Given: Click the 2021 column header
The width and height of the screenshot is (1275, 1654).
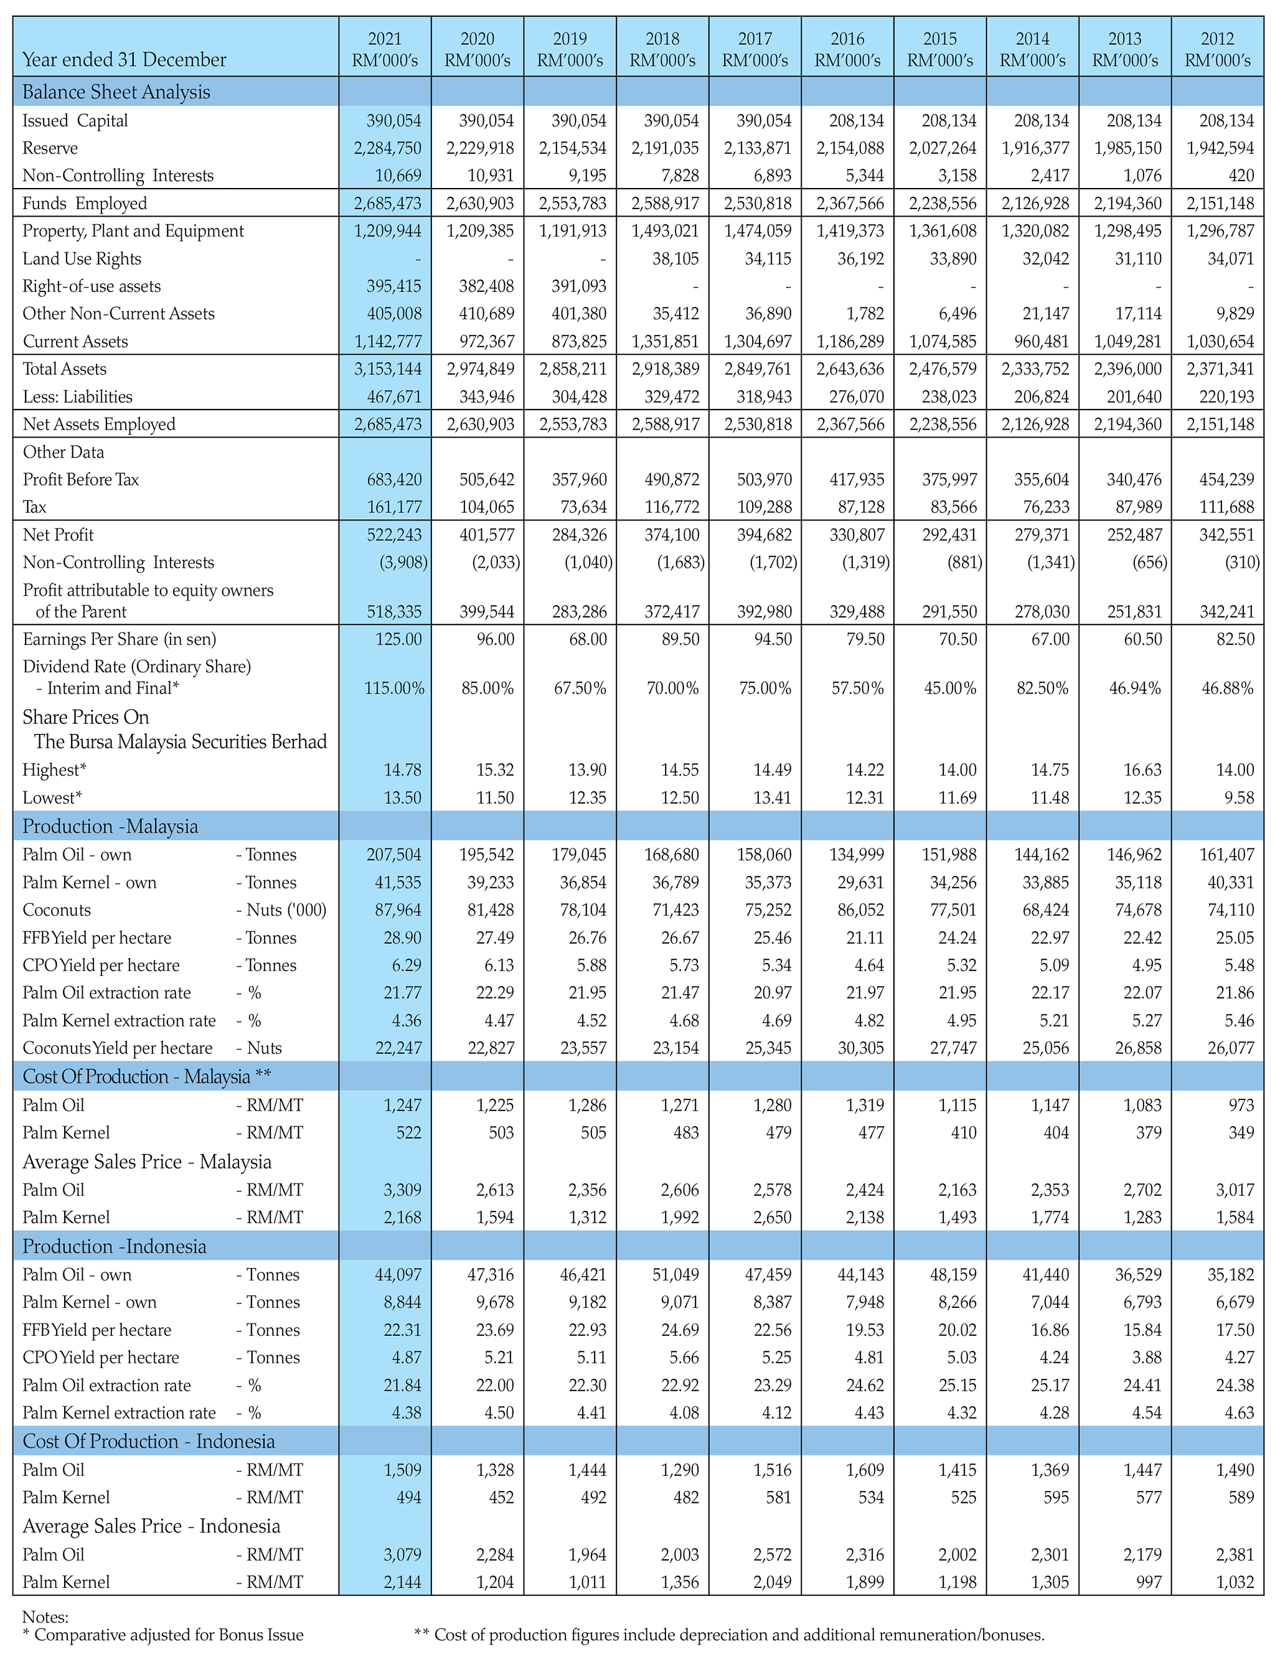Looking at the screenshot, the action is click(385, 49).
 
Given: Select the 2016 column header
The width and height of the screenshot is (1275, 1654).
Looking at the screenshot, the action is click(848, 49).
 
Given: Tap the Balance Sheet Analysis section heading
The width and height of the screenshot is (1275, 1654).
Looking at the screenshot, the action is click(116, 92).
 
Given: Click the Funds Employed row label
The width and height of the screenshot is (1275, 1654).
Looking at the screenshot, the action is click(85, 203).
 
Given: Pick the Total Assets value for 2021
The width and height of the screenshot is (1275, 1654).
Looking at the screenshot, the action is click(388, 369).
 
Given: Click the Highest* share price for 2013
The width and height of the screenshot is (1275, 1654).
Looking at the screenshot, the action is click(1142, 769).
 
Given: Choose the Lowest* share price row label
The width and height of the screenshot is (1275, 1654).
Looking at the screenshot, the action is click(52, 797).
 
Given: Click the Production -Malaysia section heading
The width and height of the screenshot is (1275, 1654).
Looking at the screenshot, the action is click(111, 825).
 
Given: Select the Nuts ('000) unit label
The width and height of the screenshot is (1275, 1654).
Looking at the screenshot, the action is click(281, 909).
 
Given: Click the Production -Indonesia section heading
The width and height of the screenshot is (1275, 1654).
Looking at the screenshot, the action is click(115, 1246).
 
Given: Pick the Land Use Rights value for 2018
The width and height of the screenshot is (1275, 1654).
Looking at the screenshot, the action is click(675, 258).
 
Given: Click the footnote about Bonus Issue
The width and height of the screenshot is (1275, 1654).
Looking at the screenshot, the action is click(163, 1634).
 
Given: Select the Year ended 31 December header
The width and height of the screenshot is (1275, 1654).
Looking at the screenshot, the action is click(125, 60).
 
